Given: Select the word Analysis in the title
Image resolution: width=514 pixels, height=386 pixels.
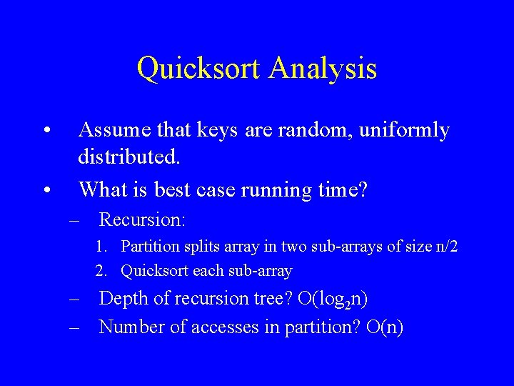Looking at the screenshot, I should click(x=323, y=69).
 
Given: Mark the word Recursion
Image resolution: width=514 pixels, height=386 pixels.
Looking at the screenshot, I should click(x=142, y=219).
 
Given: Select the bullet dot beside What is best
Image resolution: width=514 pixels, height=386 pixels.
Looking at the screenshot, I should click(x=46, y=191).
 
